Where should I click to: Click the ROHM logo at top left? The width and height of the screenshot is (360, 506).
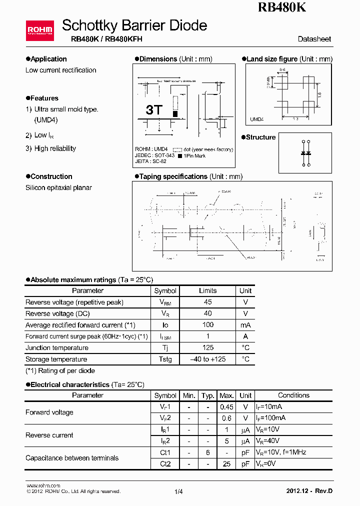click(x=39, y=31)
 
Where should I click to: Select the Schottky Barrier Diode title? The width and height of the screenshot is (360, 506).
click(x=134, y=25)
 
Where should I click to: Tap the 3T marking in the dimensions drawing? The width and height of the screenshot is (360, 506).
click(x=153, y=110)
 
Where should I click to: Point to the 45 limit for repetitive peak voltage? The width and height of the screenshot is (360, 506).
click(x=208, y=302)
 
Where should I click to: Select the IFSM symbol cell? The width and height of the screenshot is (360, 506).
click(x=165, y=336)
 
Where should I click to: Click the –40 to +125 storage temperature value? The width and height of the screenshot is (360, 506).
click(x=208, y=359)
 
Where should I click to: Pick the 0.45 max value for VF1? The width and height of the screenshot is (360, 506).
click(x=226, y=407)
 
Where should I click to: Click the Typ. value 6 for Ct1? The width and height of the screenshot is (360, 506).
click(x=208, y=452)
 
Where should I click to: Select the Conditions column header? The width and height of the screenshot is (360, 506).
click(x=293, y=395)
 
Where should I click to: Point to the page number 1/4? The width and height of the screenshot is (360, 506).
click(x=178, y=491)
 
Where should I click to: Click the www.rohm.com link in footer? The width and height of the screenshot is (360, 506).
click(x=43, y=485)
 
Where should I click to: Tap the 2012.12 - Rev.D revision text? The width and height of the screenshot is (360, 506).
click(x=308, y=491)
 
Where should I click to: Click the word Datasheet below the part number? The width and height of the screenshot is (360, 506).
click(x=314, y=39)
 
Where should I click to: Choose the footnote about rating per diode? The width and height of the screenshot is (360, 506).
click(x=60, y=370)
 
